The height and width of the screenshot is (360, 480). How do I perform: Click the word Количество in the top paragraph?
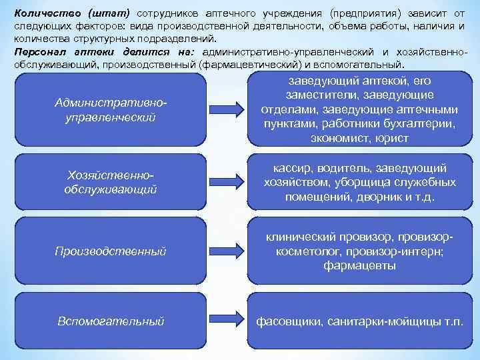41,15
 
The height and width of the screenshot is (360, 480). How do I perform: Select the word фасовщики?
290,321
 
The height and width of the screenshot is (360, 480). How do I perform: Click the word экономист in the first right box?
337,139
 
